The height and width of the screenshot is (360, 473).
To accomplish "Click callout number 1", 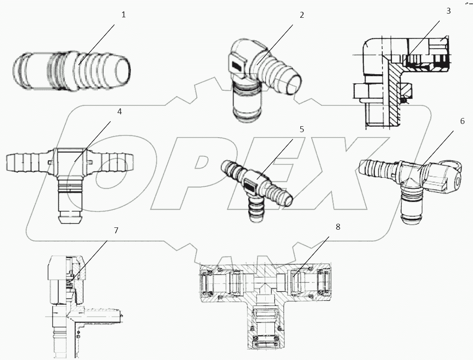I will (x=123, y=15).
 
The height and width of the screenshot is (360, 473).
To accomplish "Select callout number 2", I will (x=301, y=15).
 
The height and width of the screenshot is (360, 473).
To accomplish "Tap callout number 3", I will (x=448, y=11).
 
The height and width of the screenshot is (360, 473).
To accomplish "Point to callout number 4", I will (x=119, y=111).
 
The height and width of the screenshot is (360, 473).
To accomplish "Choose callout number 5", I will (x=301, y=129).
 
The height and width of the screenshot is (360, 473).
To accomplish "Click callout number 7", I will (x=116, y=231).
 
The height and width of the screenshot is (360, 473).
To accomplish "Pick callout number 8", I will (x=337, y=226).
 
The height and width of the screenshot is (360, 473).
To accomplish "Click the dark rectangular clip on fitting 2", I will (x=237, y=66).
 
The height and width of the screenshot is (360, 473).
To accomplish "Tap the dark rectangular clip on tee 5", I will (x=250, y=185).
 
